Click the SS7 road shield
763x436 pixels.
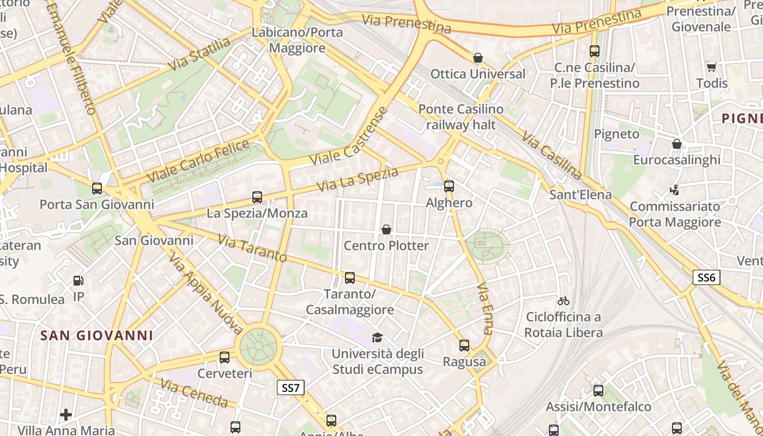pyautogui.click(x=290, y=388)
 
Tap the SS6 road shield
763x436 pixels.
pyautogui.click(x=706, y=277)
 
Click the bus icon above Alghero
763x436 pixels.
pyautogui.click(x=449, y=186)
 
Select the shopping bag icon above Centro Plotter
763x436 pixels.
pyautogui.click(x=386, y=229)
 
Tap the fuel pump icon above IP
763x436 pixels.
pyautogui.click(x=78, y=281)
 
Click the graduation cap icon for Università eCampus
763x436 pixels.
pyautogui.click(x=377, y=337)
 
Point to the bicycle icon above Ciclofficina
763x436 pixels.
pyautogui.click(x=564, y=301)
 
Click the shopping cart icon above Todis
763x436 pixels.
pyautogui.click(x=711, y=67)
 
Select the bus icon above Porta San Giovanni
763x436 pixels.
pyautogui.click(x=97, y=189)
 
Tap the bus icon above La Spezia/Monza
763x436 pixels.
pyautogui.click(x=257, y=197)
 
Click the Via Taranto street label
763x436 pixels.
pyautogui.click(x=252, y=248)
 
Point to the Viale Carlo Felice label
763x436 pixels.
pyautogui.click(x=198, y=161)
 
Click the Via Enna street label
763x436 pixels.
pyautogui.click(x=485, y=307)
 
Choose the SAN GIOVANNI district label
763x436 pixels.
pyautogui.click(x=96, y=335)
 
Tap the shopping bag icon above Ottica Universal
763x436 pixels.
pyautogui.click(x=478, y=58)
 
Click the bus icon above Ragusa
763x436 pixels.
pyautogui.click(x=464, y=346)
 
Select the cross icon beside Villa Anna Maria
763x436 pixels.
pyautogui.click(x=66, y=415)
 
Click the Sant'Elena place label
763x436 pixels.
pyautogui.click(x=580, y=195)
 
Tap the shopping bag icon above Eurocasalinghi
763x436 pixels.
pyautogui.click(x=676, y=144)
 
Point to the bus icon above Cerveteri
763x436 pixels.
pyautogui.click(x=225, y=358)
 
